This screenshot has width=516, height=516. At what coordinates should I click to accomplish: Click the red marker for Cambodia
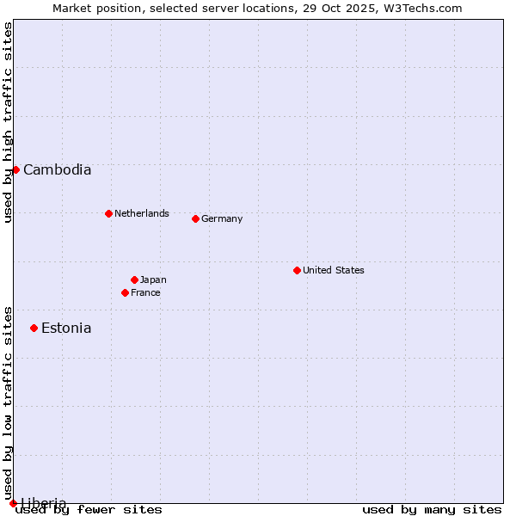(x=15, y=169)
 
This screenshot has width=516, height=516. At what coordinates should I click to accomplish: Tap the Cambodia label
(x=57, y=170)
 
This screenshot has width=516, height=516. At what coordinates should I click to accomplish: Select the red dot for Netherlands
(x=108, y=213)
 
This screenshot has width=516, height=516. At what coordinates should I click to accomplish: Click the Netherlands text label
(x=141, y=213)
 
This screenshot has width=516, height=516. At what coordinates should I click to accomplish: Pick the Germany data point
(x=195, y=218)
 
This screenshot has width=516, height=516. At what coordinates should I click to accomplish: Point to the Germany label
(x=222, y=218)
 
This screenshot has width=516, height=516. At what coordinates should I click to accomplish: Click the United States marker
(x=297, y=270)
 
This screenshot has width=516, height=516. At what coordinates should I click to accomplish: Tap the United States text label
(x=333, y=270)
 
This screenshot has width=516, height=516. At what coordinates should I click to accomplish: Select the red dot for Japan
(x=134, y=279)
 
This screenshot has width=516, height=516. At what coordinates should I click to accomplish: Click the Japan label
(x=153, y=279)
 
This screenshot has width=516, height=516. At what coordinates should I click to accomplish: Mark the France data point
(x=125, y=292)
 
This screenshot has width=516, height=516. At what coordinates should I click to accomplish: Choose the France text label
(x=145, y=292)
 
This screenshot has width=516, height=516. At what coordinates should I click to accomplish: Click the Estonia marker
(x=34, y=328)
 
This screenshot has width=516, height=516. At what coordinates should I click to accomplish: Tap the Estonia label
(x=66, y=329)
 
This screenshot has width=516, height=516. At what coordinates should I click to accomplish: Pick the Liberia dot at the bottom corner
(x=13, y=503)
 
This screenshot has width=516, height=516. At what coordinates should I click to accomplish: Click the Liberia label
(x=43, y=502)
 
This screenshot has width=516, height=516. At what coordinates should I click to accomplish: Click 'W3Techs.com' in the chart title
(x=421, y=9)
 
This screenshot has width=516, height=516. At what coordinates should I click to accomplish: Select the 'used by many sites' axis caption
(x=432, y=509)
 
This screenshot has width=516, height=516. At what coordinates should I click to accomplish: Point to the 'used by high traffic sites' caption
(x=8, y=122)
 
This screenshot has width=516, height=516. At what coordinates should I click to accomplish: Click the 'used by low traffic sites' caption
(x=8, y=402)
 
